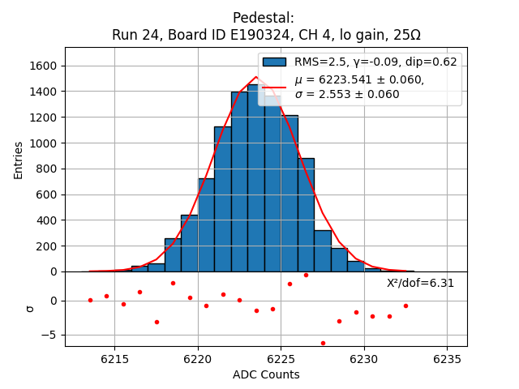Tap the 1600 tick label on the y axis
pyautogui.click(x=45, y=66)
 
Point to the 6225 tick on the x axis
pyautogui.click(x=281, y=347)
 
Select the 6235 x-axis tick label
pyautogui.click(x=447, y=359)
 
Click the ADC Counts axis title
pyautogui.click(x=266, y=374)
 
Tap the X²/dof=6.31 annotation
pyautogui.click(x=420, y=283)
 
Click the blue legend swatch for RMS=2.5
pyautogui.click(x=274, y=62)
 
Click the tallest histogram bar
pyautogui.click(x=256, y=178)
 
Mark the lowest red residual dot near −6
pyautogui.click(x=323, y=343)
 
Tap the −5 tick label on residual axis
pyautogui.click(x=49, y=335)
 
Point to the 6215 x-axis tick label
pyautogui.click(x=115, y=359)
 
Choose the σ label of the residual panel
pyautogui.click(x=31, y=308)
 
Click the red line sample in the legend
pyautogui.click(x=274, y=88)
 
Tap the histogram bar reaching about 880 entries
pyautogui.click(x=306, y=215)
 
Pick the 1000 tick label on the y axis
pyautogui.click(x=45, y=143)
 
